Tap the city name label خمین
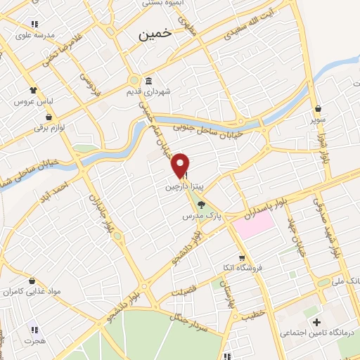click(x=155, y=34)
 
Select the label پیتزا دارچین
click(x=179, y=187)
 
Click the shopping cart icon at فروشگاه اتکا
click(x=242, y=257)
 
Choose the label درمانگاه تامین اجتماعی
click(x=308, y=332)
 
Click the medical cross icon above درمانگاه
click(x=316, y=321)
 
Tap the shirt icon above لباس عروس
click(x=32, y=90)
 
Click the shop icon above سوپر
click(x=319, y=109)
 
